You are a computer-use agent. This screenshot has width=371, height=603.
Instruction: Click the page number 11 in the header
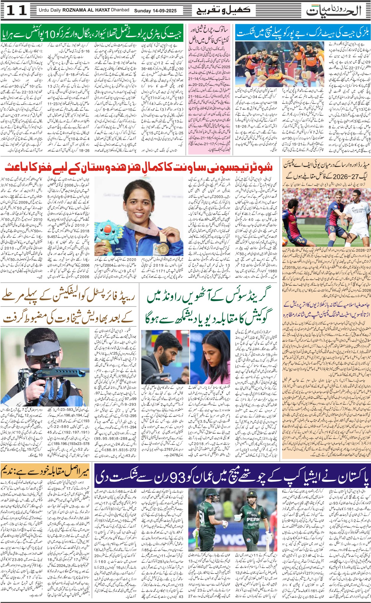pyautogui.click(x=17, y=11)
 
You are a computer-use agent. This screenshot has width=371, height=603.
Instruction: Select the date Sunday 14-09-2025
pyautogui.click(x=155, y=11)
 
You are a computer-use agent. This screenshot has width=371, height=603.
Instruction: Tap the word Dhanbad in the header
pyautogui.click(x=120, y=10)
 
